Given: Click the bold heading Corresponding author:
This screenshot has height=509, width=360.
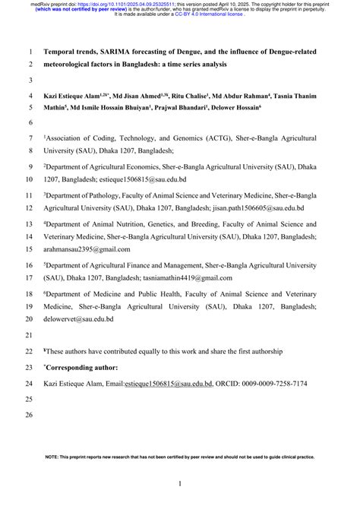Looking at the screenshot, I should (84, 367).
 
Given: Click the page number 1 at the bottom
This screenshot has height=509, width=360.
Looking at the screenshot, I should (180, 483).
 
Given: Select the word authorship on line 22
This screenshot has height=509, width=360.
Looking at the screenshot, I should (263, 351).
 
